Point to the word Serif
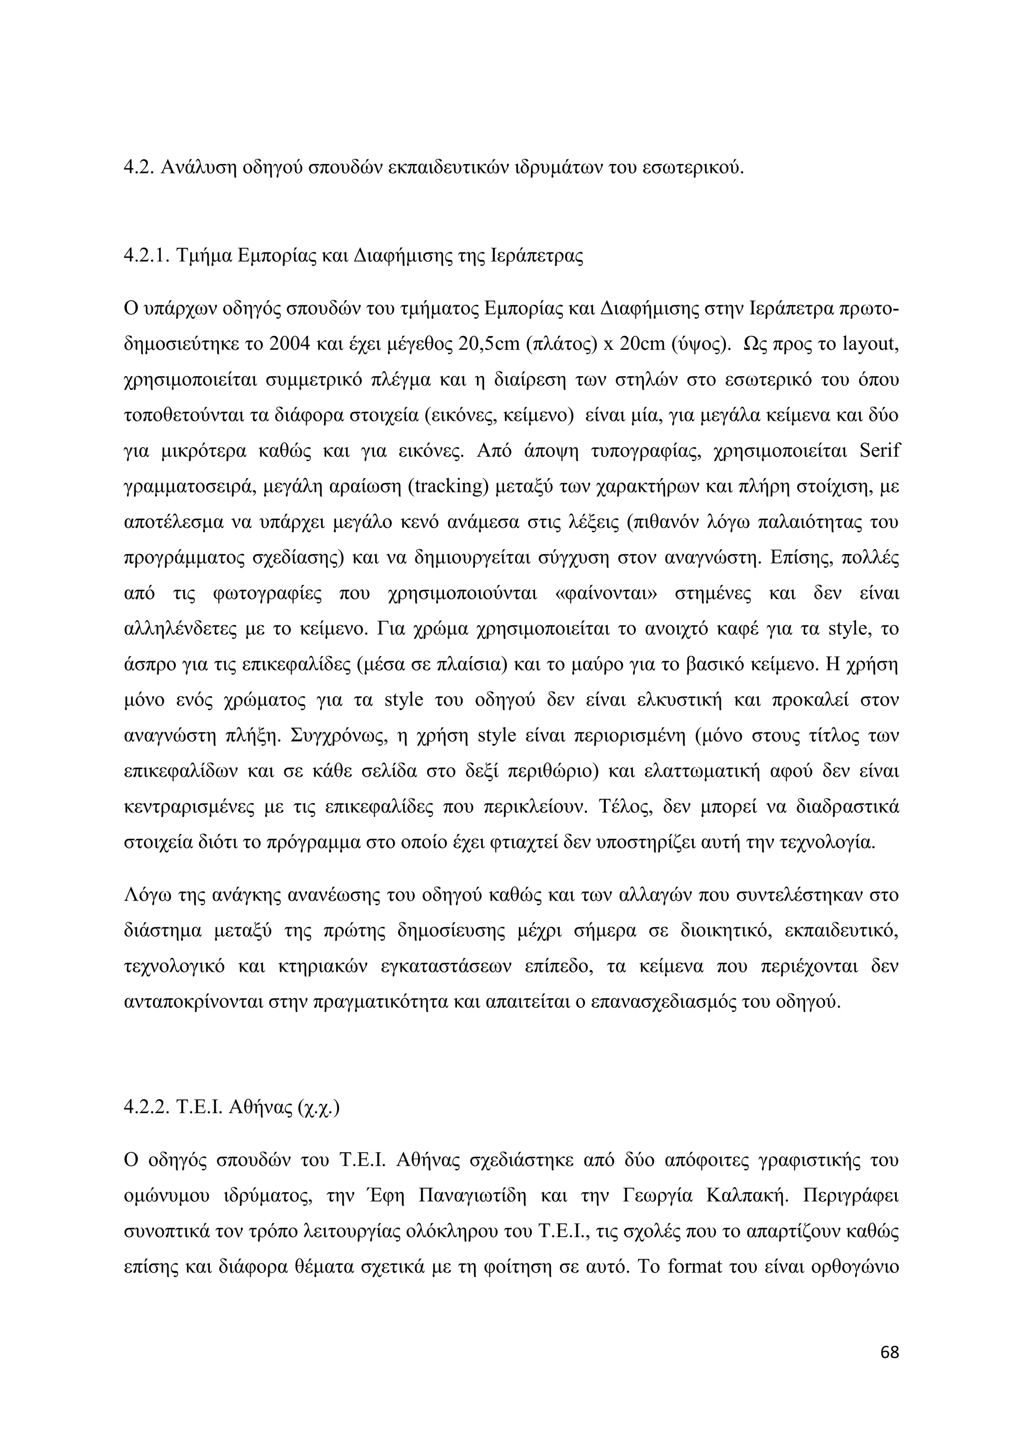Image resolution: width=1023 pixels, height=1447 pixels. (879, 451)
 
